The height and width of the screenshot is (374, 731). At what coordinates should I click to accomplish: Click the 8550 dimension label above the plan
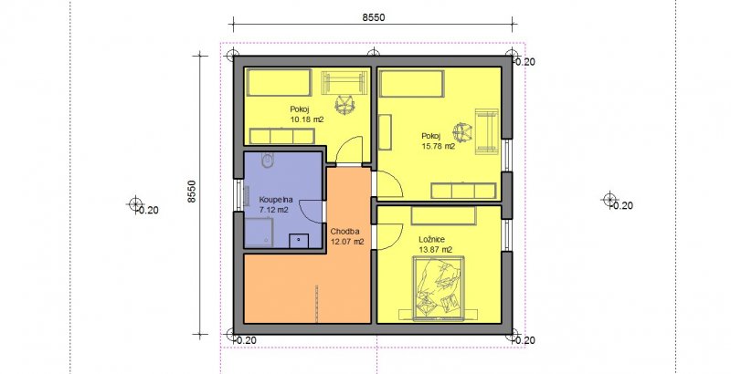(374, 17)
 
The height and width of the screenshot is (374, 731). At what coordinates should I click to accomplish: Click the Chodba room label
(343, 232)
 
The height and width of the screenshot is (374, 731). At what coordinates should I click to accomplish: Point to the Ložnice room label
(431, 239)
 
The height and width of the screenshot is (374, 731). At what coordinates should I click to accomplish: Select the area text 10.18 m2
(307, 119)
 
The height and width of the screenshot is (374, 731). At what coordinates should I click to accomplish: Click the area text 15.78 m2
(439, 146)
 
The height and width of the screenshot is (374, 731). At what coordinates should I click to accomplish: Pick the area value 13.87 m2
(435, 250)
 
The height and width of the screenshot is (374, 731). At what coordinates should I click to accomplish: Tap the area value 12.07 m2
(347, 242)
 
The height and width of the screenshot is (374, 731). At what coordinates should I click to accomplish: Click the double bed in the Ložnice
(439, 289)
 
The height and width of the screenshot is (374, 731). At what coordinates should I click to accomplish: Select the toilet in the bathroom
(268, 161)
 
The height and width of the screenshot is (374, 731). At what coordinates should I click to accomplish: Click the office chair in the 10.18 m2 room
(344, 103)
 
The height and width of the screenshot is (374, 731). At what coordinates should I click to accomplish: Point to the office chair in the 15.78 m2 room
(462, 132)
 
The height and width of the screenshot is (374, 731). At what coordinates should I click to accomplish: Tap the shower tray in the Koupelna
(259, 232)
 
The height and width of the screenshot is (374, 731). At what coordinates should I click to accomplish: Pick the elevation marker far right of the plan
(609, 200)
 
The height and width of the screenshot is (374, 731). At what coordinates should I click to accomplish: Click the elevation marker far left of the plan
(135, 203)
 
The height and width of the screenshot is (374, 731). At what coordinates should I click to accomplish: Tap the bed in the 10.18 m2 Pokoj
(279, 83)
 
